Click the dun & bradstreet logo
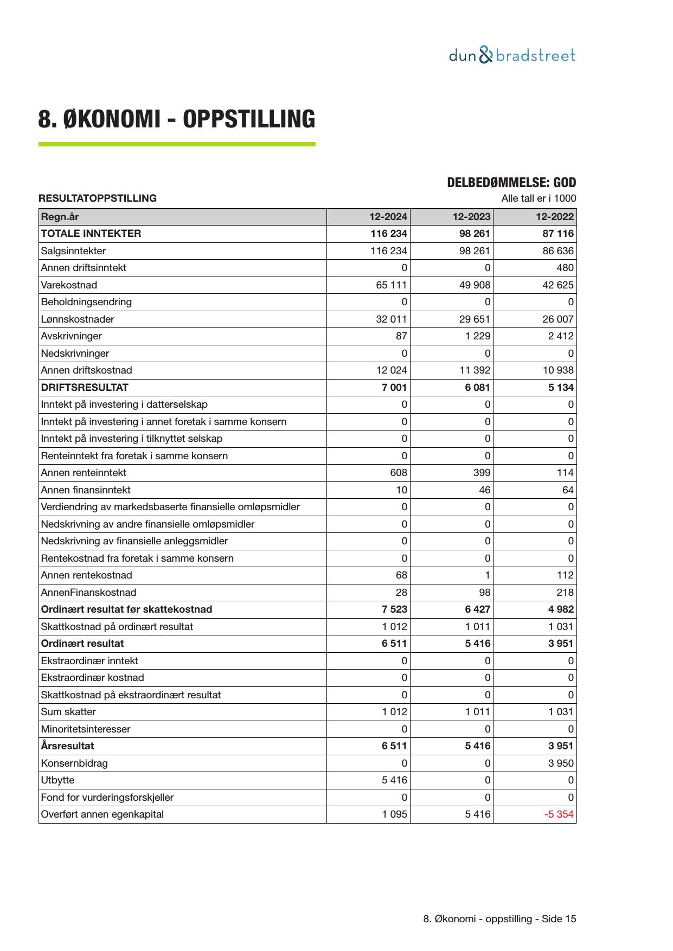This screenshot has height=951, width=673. pos(512,55)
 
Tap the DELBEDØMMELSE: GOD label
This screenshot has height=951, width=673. pos(511,183)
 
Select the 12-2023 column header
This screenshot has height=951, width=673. pos(471,217)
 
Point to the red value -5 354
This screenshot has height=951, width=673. pos(559,814)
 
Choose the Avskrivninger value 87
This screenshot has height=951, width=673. pos(401,336)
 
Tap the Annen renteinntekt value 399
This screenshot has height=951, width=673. pos(482,473)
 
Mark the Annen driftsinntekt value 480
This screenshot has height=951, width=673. pos(565,268)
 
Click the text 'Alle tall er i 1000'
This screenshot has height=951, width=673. pos(538,198)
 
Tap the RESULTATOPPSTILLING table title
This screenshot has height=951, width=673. pos(98,198)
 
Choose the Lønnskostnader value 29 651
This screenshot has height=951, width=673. pos(475,319)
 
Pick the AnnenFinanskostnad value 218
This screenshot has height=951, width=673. pos(565,593)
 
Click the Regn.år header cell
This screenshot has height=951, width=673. pos(60,217)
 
